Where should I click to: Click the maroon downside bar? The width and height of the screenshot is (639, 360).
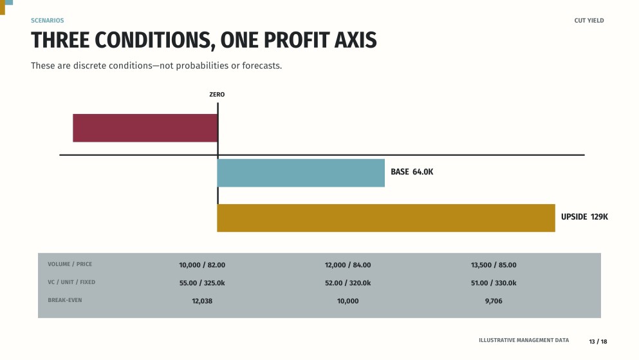145,128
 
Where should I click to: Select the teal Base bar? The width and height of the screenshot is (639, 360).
301,173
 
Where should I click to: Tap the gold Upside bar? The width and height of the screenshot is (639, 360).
386,218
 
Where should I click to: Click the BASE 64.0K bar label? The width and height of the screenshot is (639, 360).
412,172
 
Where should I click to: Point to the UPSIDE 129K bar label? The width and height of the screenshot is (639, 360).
584,217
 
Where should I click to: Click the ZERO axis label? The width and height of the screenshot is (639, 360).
217,95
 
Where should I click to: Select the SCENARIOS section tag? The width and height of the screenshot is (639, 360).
47,21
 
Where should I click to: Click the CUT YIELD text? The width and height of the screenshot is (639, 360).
589,21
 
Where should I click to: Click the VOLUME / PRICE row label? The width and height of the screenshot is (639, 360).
69,264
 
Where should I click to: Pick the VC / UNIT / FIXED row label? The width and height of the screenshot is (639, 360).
71,282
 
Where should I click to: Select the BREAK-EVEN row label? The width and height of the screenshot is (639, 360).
65,300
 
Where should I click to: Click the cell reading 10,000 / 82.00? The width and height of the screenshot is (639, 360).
202,265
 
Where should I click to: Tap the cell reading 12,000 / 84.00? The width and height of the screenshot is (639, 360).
347,265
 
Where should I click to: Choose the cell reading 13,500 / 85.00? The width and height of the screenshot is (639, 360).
494,265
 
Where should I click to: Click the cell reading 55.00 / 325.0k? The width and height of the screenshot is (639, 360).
202,283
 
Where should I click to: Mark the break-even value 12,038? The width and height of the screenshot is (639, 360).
202,301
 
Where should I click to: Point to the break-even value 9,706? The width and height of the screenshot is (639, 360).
494,301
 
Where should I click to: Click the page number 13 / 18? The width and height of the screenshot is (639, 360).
598,342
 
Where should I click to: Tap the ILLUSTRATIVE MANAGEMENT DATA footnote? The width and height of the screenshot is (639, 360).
524,340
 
